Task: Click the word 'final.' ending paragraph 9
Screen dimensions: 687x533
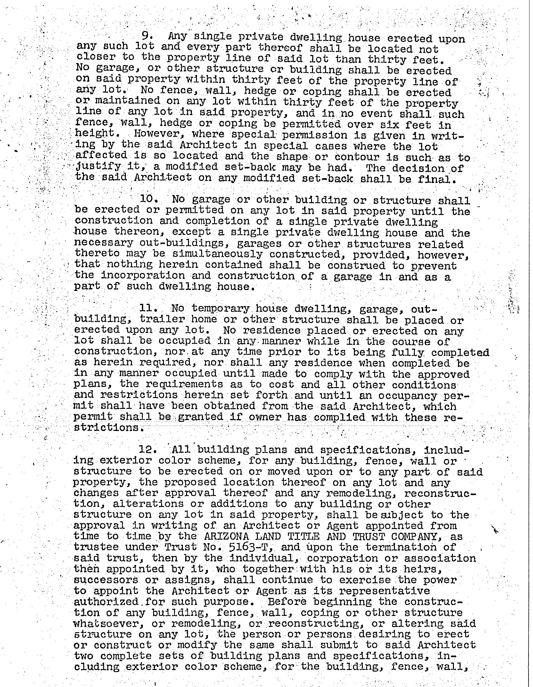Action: point(437,179)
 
